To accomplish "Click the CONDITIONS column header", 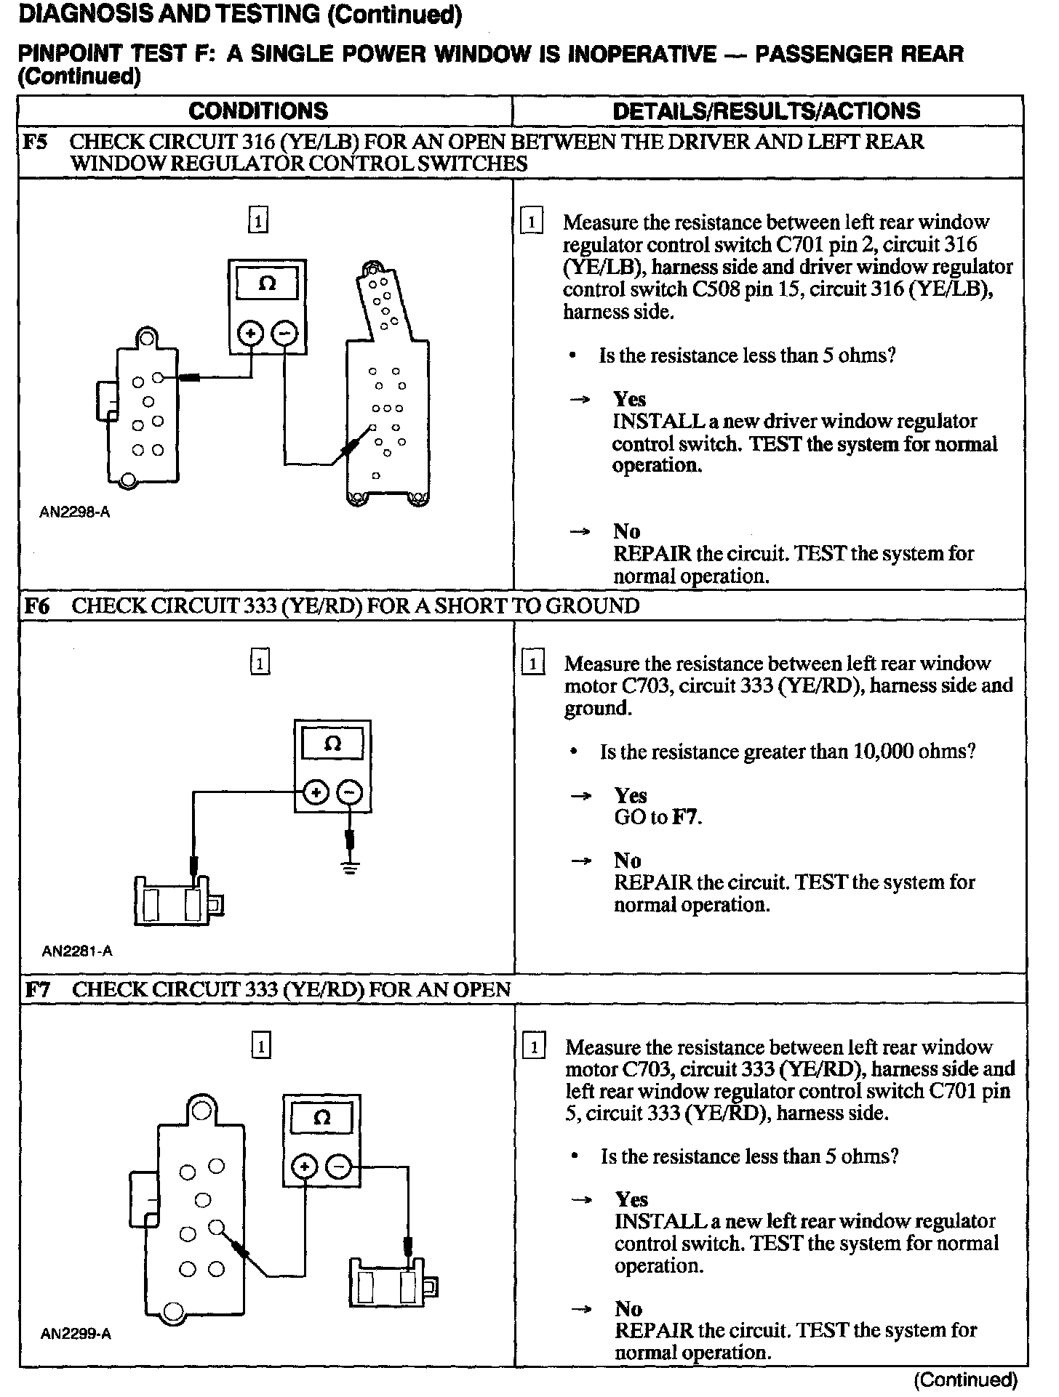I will (257, 110).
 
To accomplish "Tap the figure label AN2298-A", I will (75, 512).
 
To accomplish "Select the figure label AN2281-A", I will (77, 951).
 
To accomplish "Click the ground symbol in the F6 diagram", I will (351, 866).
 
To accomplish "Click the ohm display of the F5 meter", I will (267, 283).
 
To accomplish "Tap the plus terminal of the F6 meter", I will (316, 793).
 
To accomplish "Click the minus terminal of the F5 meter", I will (284, 334).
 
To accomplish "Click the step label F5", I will (36, 141).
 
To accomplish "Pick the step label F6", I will (36, 606).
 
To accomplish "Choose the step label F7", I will (37, 989).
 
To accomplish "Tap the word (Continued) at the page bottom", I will (965, 1380).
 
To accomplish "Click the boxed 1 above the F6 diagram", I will (260, 663).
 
